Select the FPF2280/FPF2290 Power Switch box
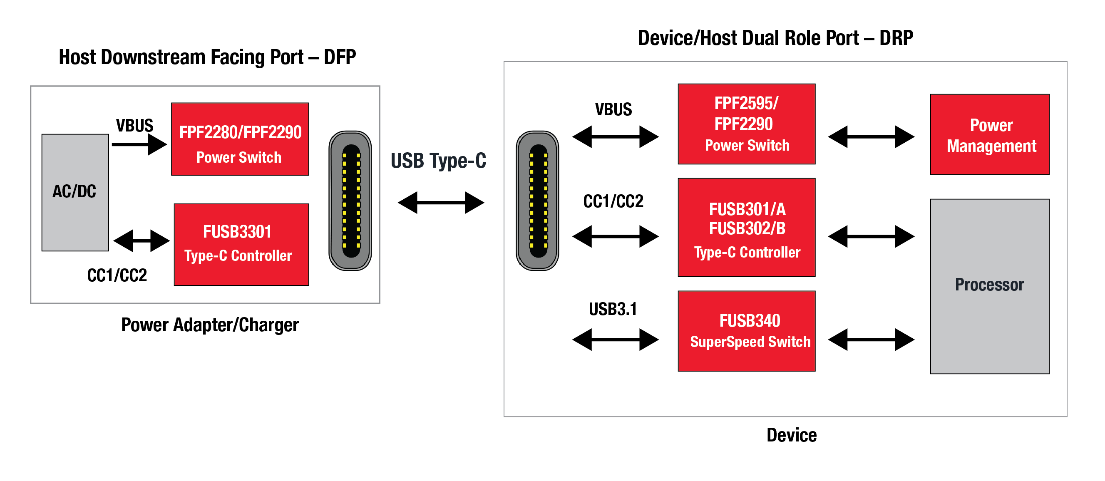point(240,139)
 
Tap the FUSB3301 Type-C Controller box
point(241,244)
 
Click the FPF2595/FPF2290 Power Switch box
point(746,124)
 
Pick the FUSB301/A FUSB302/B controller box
point(746,227)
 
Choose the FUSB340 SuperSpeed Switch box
point(746,330)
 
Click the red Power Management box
point(989,134)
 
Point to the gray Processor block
point(989,286)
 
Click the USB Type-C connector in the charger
point(350,201)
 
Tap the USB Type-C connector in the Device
point(537,201)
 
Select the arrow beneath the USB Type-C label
point(441,202)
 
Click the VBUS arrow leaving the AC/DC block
point(139,144)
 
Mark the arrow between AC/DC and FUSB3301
point(141,241)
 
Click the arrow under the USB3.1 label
point(615,340)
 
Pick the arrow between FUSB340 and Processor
point(871,340)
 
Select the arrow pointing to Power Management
point(871,137)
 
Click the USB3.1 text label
point(613,309)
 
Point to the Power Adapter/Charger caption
point(210,325)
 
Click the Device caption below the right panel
point(792,435)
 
